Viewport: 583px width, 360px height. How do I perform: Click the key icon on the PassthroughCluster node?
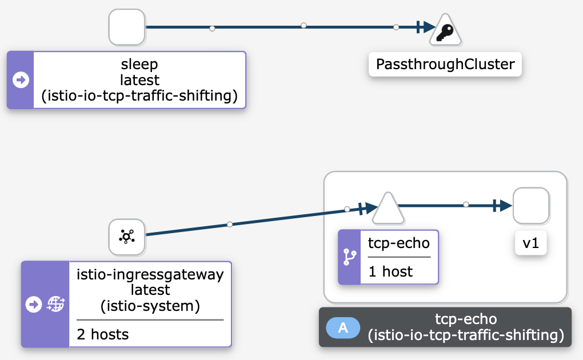click(446, 34)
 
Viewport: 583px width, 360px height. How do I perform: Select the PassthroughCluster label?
click(445, 65)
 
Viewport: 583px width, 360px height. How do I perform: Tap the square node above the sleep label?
click(127, 27)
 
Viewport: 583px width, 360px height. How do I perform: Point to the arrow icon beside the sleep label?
click(21, 80)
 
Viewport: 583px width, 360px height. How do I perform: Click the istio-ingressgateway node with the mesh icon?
click(127, 237)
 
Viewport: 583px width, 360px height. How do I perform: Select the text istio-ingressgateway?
click(150, 274)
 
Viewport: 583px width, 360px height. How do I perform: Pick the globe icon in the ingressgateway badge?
click(55, 305)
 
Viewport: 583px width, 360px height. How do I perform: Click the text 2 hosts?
click(103, 334)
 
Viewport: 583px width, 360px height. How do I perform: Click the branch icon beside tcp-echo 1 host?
click(349, 257)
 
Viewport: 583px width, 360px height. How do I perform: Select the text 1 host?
click(390, 271)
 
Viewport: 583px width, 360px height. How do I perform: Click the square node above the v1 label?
click(531, 206)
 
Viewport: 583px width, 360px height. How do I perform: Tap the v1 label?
click(531, 244)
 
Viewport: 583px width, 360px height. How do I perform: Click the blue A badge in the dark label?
click(343, 327)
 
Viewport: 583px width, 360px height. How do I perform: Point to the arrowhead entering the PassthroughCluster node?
click(426, 27)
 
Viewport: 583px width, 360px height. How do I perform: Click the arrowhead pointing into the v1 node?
click(503, 206)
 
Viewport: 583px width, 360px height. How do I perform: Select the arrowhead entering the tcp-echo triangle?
click(368, 208)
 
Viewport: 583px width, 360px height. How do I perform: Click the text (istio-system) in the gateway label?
click(150, 306)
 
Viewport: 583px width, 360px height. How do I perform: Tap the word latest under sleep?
click(139, 80)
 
